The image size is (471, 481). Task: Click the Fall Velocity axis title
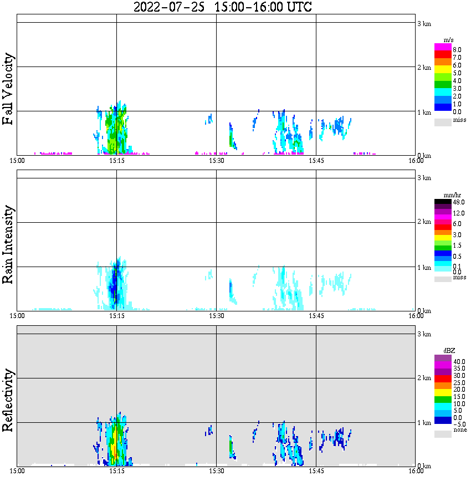[8, 89]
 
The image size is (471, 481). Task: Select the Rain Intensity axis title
[8, 244]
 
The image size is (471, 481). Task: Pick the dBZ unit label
[449, 351]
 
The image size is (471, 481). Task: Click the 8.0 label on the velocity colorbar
[457, 50]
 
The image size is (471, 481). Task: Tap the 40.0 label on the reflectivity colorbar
[458, 361]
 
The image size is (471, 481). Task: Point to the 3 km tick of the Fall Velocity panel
[424, 23]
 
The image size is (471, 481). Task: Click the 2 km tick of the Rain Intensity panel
[424, 222]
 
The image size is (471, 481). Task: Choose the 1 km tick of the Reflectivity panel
[424, 423]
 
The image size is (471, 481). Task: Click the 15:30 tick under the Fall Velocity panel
[216, 161]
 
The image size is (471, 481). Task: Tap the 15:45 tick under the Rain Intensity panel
[316, 316]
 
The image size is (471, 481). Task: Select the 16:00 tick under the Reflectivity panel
[416, 472]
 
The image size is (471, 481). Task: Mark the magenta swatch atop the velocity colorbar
[443, 47]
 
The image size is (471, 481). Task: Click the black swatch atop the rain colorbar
[443, 202]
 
